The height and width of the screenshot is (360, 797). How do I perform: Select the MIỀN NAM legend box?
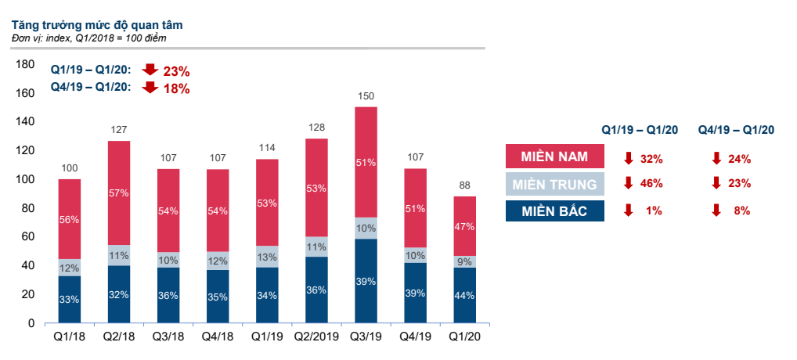pos(555,158)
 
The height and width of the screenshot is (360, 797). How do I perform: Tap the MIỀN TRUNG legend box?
pos(555,185)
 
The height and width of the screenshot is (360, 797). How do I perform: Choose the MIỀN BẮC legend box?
pos(555,211)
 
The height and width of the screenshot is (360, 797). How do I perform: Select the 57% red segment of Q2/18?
pos(119,193)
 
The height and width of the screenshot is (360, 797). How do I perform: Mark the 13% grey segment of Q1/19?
pos(268,257)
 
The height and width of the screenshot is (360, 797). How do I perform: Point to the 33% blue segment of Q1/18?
pos(69,299)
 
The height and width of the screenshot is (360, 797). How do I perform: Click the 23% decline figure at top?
pos(176,71)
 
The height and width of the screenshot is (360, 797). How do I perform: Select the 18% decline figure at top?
pos(176,88)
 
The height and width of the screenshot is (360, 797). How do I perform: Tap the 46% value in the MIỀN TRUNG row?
pos(651,184)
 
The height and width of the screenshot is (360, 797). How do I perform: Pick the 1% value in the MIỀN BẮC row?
pos(654,211)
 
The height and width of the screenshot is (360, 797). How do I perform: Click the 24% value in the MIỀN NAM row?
pos(738,159)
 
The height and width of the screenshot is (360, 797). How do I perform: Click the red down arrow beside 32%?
pos(628,159)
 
